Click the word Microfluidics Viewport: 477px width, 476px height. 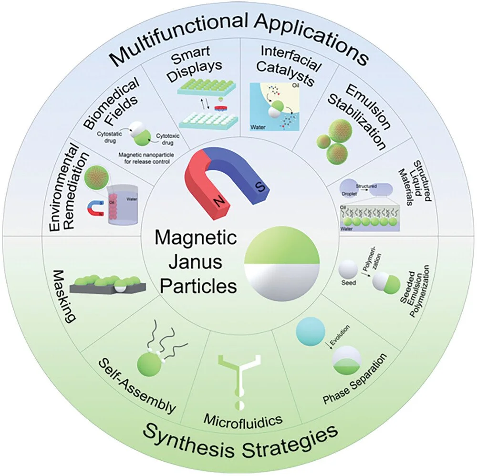coord(243,420)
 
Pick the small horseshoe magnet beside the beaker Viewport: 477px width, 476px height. coord(93,206)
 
